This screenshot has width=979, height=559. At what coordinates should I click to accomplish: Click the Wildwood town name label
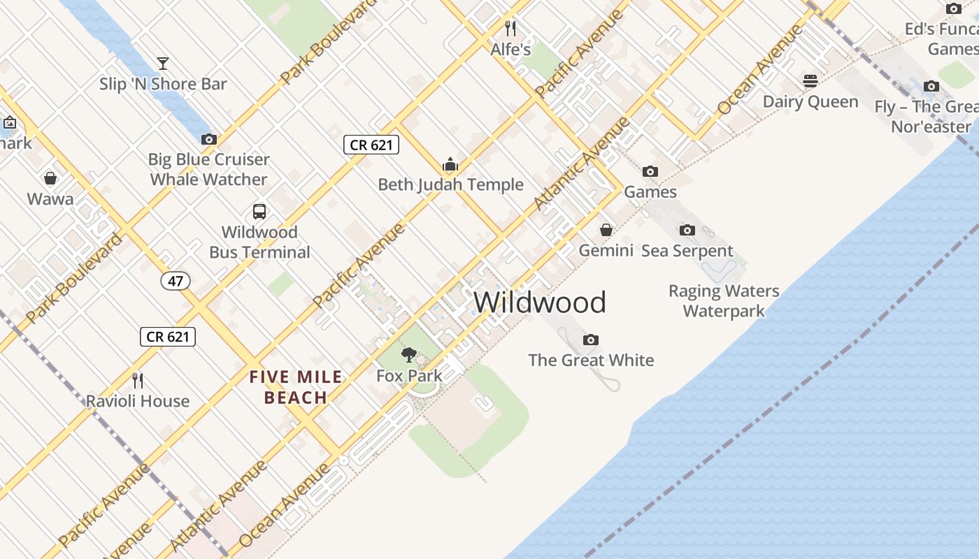point(540,303)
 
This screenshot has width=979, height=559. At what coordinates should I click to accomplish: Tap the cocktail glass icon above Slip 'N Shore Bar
point(163,64)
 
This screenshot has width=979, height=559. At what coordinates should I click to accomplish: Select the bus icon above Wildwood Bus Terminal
point(259,211)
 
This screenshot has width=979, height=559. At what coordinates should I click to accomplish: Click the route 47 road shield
point(175,281)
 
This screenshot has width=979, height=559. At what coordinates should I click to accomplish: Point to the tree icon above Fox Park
point(409,355)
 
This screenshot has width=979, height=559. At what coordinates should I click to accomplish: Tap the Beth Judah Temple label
point(450,184)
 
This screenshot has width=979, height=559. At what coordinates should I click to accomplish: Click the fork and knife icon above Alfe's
point(510,29)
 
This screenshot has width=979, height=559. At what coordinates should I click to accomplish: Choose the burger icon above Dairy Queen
point(810,81)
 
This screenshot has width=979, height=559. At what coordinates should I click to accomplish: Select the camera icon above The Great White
point(591,340)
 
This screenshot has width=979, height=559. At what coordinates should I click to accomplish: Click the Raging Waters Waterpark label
point(724,300)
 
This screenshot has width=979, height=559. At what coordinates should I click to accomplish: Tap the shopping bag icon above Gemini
point(606,230)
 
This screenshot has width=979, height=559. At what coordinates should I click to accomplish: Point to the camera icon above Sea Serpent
point(687,230)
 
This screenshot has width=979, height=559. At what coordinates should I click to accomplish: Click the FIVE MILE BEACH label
point(296,387)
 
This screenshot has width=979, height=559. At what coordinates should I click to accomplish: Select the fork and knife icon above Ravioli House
point(138,380)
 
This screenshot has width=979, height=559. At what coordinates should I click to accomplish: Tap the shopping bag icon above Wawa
point(50,178)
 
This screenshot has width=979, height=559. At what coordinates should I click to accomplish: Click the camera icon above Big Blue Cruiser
point(208,139)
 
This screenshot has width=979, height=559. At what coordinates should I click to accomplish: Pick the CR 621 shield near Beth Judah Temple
point(371,145)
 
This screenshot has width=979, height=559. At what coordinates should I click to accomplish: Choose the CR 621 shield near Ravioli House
point(167,336)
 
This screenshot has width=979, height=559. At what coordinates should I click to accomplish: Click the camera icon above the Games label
point(650,171)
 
